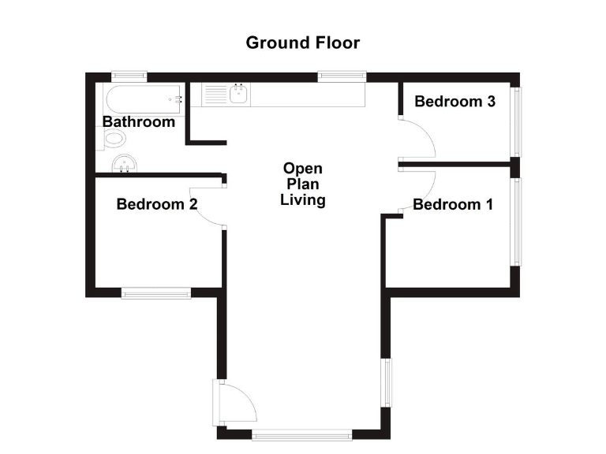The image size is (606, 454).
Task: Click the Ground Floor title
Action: (x=302, y=43)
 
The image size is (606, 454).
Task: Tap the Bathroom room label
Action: (x=138, y=122)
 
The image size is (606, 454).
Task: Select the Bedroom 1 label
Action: (x=453, y=205)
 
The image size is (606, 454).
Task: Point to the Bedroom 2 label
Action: (x=156, y=205)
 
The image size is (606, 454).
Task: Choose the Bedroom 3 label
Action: (x=454, y=102)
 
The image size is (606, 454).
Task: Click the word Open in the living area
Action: (x=303, y=169)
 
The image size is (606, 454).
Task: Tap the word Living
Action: (x=303, y=200)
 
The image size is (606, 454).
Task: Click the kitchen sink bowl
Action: (x=241, y=96)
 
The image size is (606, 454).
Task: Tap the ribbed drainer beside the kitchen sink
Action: (x=215, y=96)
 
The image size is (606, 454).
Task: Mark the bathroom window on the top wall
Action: (x=129, y=76)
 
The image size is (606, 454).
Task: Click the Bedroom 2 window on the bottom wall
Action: (x=156, y=293)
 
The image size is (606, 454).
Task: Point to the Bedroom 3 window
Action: (x=517, y=121)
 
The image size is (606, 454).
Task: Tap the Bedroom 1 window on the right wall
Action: (x=517, y=221)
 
